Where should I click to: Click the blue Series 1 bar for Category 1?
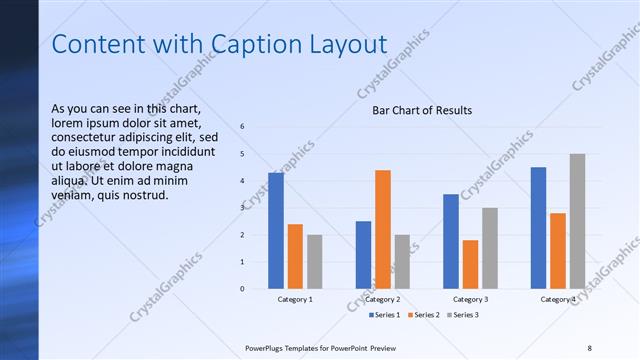pyautogui.click(x=275, y=231)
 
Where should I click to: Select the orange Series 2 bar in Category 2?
pyautogui.click(x=382, y=229)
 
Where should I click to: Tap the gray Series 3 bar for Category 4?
pyautogui.click(x=577, y=221)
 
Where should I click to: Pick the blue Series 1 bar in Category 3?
pyautogui.click(x=451, y=241)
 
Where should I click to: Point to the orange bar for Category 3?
pyautogui.click(x=470, y=264)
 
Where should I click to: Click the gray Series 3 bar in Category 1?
pyautogui.click(x=314, y=261)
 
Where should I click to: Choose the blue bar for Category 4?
pyautogui.click(x=538, y=228)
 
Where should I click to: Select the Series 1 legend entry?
pyautogui.click(x=386, y=315)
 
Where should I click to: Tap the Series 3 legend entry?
pyautogui.click(x=465, y=315)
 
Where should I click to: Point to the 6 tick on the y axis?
pyautogui.click(x=241, y=127)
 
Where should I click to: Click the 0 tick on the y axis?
pyautogui.click(x=241, y=288)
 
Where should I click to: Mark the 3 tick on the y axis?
pyautogui.click(x=241, y=208)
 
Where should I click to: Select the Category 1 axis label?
pyautogui.click(x=294, y=299)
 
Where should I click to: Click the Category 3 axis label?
pyautogui.click(x=470, y=299)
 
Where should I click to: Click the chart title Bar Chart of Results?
pyautogui.click(x=422, y=110)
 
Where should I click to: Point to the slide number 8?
pyautogui.click(x=589, y=347)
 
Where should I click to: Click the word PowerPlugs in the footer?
pyautogui.click(x=268, y=347)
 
